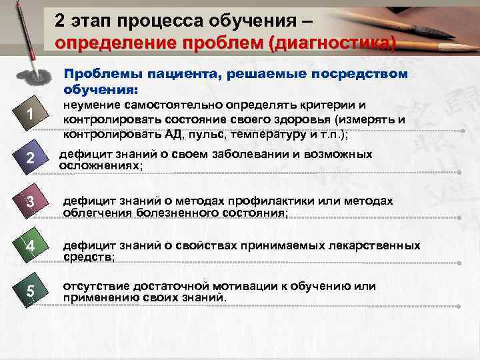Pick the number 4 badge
click(x=31, y=247)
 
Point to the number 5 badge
click(x=31, y=291)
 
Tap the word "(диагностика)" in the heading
click(x=333, y=43)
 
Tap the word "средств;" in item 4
click(x=89, y=257)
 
